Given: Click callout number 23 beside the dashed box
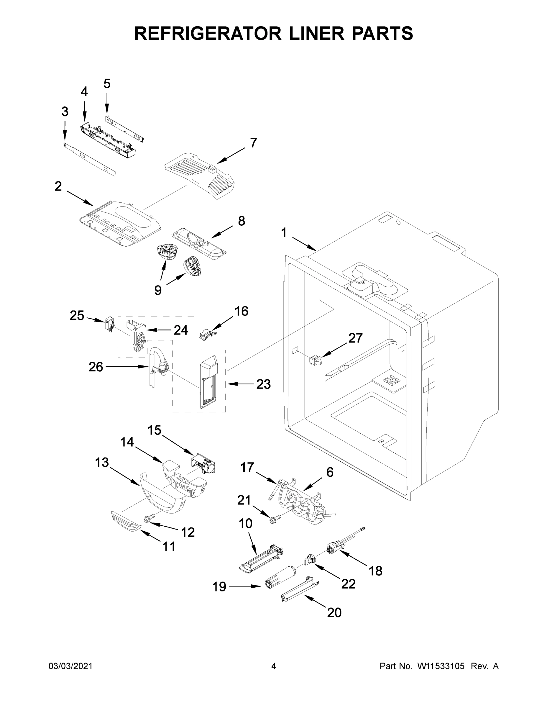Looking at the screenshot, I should (x=263, y=384).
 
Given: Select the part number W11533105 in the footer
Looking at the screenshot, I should (x=441, y=666).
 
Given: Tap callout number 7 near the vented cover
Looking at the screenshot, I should (x=253, y=143).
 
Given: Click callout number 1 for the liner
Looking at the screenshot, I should (x=284, y=232).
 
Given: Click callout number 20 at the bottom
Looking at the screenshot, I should (x=334, y=612).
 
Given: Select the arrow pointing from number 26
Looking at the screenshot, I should (x=127, y=367).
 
